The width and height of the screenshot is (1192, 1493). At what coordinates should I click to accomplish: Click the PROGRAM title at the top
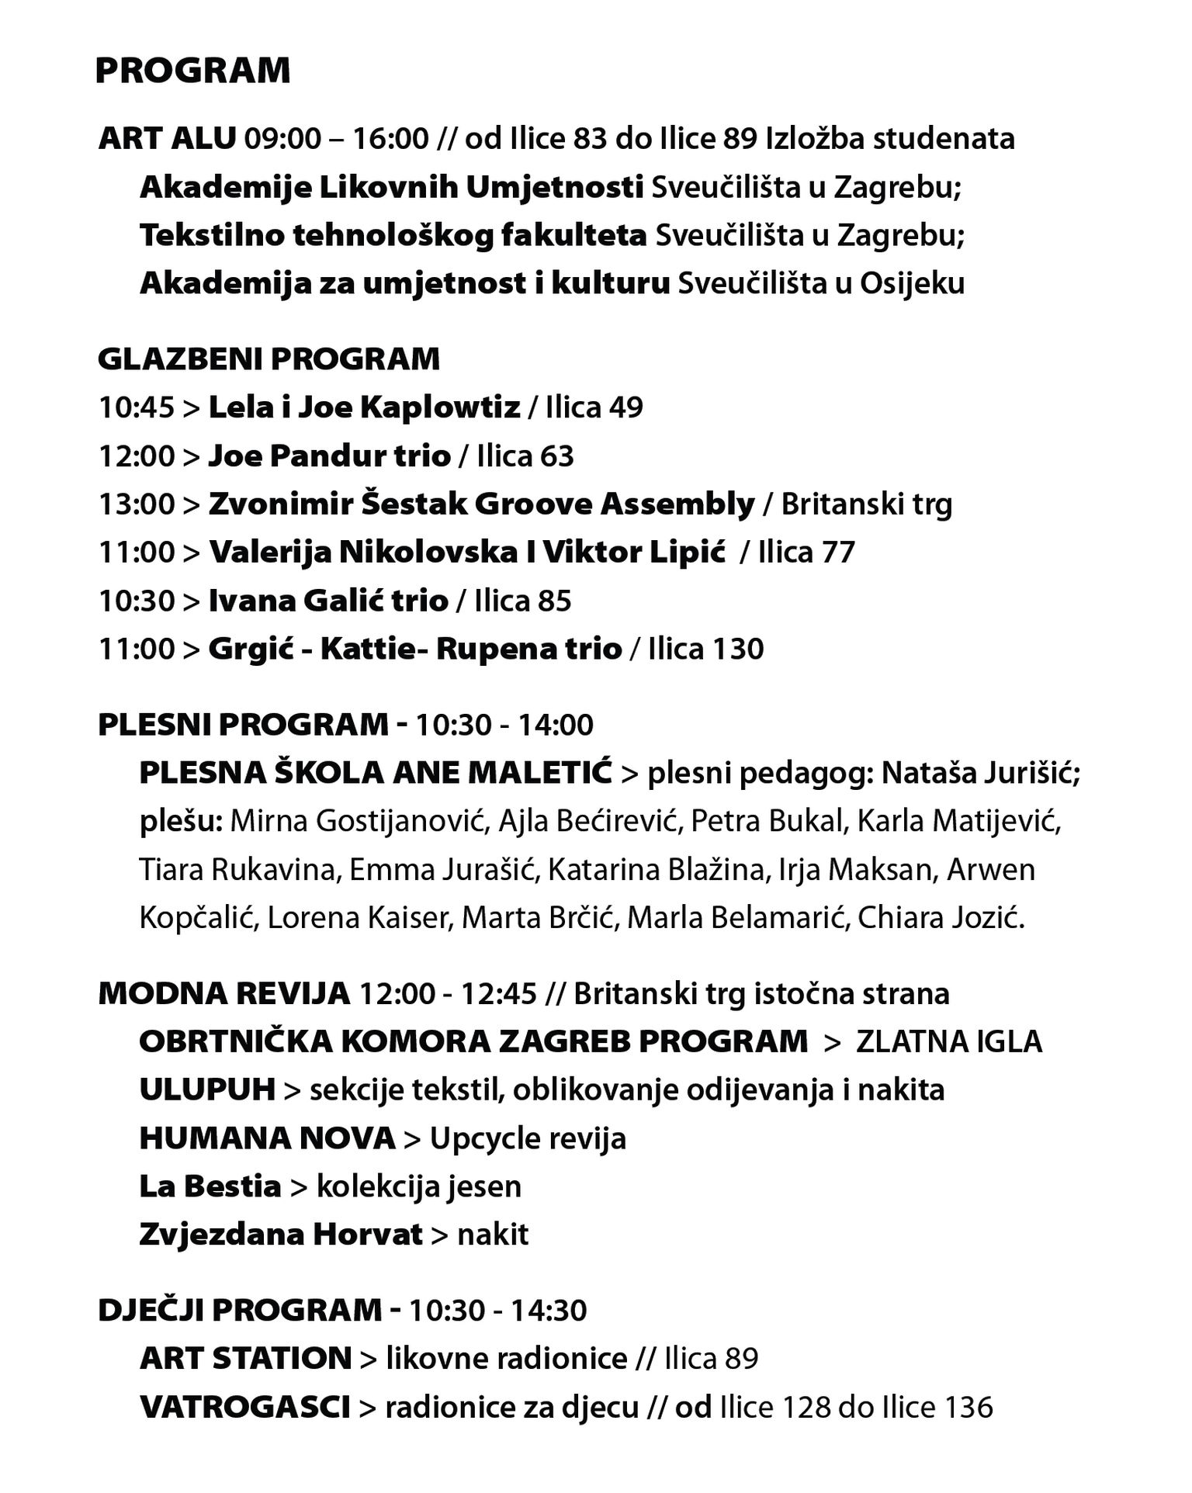192,71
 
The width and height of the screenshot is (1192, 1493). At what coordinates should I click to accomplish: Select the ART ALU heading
167,138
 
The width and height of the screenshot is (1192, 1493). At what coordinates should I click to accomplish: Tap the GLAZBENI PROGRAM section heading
269,359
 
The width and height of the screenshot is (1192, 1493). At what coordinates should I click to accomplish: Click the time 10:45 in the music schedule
137,407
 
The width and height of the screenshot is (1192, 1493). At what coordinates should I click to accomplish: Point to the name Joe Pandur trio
329,456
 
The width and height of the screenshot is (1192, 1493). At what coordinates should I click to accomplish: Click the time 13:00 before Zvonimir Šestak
137,504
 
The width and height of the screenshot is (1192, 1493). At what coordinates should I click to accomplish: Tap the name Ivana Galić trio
328,601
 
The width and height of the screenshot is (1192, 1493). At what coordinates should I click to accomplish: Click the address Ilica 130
705,649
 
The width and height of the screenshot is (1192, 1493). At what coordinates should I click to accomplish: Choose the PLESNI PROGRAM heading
243,724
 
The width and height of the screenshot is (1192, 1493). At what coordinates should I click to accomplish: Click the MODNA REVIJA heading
224,993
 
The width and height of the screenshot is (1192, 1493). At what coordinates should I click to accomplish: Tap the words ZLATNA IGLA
948,1041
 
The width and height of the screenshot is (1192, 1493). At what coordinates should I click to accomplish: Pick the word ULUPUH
207,1089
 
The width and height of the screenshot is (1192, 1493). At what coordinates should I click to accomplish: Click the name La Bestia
210,1186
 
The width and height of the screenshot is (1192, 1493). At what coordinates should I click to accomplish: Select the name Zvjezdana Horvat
281,1234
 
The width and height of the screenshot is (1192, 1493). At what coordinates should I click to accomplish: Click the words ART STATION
246,1358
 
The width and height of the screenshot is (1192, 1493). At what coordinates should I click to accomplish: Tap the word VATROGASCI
244,1406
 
